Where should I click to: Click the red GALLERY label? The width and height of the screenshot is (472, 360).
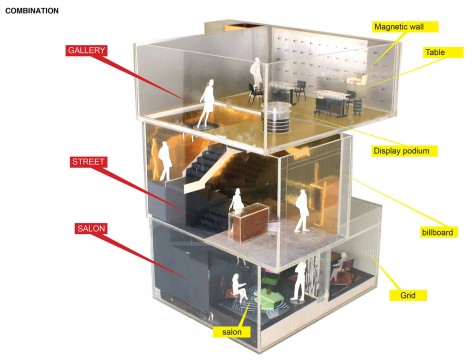[86, 50]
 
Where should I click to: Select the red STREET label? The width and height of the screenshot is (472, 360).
[88, 162]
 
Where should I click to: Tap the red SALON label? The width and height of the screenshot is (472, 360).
[91, 229]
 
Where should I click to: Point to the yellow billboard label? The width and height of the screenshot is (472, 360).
[439, 232]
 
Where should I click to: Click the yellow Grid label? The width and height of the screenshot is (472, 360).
[408, 295]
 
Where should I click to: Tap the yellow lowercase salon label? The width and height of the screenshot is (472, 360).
[232, 332]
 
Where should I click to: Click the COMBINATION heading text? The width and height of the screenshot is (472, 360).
[32, 11]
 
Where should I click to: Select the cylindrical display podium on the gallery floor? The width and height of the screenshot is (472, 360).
[277, 117]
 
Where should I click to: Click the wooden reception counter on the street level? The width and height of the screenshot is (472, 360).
[249, 223]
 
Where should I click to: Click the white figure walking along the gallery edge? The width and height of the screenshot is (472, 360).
[207, 104]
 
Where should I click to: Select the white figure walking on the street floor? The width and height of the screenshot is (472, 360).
[302, 211]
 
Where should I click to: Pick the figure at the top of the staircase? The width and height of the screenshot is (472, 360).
[165, 161]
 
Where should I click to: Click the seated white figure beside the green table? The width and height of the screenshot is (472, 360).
[239, 288]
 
